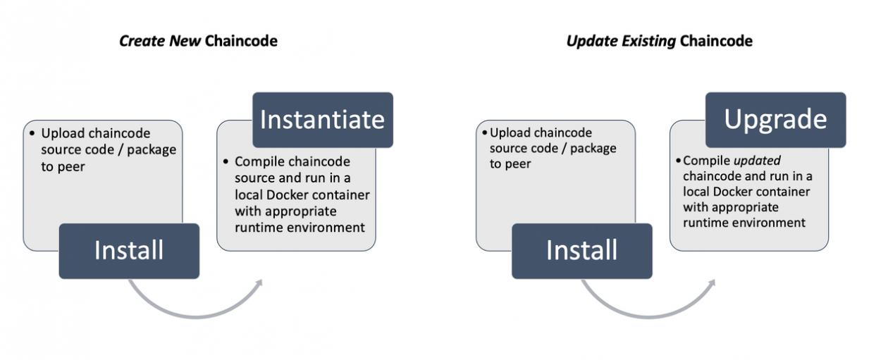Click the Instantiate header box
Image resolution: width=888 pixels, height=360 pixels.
(322, 120)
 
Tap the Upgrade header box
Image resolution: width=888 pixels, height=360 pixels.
(775, 120)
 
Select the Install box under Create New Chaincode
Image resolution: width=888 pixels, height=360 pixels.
(129, 251)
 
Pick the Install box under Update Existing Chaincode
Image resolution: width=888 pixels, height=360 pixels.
(581, 251)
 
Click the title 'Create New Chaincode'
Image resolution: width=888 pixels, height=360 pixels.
(198, 41)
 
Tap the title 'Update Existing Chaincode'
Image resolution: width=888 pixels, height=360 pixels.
(659, 41)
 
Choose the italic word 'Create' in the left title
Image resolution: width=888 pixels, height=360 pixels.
(141, 41)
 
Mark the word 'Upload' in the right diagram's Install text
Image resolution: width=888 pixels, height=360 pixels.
(512, 132)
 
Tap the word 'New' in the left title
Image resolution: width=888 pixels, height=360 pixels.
(185, 41)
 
